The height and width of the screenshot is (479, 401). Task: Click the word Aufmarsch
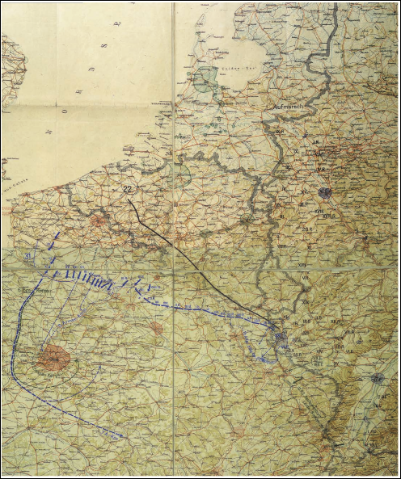click(x=289, y=105)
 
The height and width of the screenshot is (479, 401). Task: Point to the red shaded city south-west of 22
click(x=99, y=220)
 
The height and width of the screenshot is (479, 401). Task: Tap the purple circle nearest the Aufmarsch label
click(x=325, y=192)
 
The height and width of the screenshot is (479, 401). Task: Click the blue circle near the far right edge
click(x=377, y=378)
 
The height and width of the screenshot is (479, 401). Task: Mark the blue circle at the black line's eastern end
click(x=280, y=337)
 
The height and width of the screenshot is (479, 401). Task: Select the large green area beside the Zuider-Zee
click(x=205, y=80)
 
